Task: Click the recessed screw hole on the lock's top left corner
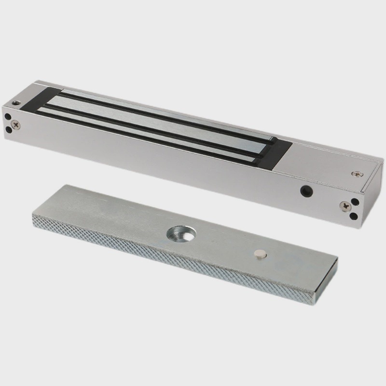(17, 103)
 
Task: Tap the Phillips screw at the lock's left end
(18, 124)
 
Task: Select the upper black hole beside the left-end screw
(8, 116)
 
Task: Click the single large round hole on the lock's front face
(304, 190)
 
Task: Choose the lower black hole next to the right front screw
(356, 215)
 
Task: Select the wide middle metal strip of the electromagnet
(159, 123)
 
